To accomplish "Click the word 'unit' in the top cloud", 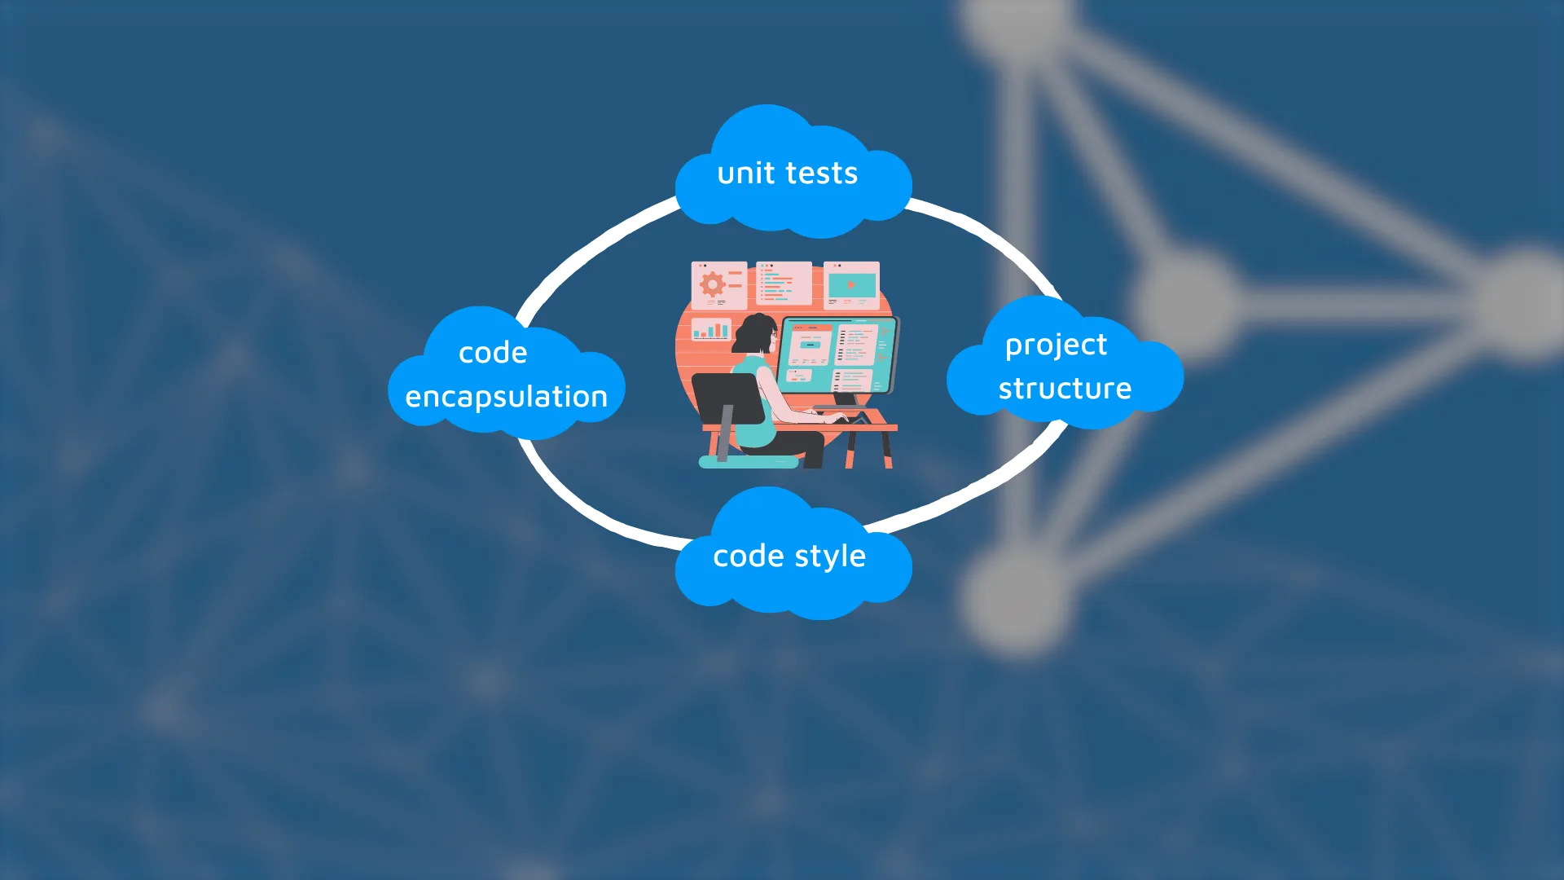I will click(x=745, y=174).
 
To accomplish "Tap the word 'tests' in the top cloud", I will click(x=822, y=174).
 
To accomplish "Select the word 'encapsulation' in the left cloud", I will click(x=506, y=397).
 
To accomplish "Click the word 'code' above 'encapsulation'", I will click(x=492, y=353).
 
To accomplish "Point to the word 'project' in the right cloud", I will click(x=1056, y=345).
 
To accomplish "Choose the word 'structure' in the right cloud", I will click(x=1065, y=389).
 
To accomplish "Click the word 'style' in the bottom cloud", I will click(x=829, y=557).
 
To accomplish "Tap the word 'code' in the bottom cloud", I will click(x=748, y=557).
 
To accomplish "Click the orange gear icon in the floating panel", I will click(x=712, y=284).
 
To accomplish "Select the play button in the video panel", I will click(x=850, y=285).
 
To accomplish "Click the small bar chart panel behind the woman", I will click(x=711, y=329).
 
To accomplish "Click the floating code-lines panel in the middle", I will click(x=783, y=283).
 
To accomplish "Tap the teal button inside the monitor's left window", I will click(x=809, y=345).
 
